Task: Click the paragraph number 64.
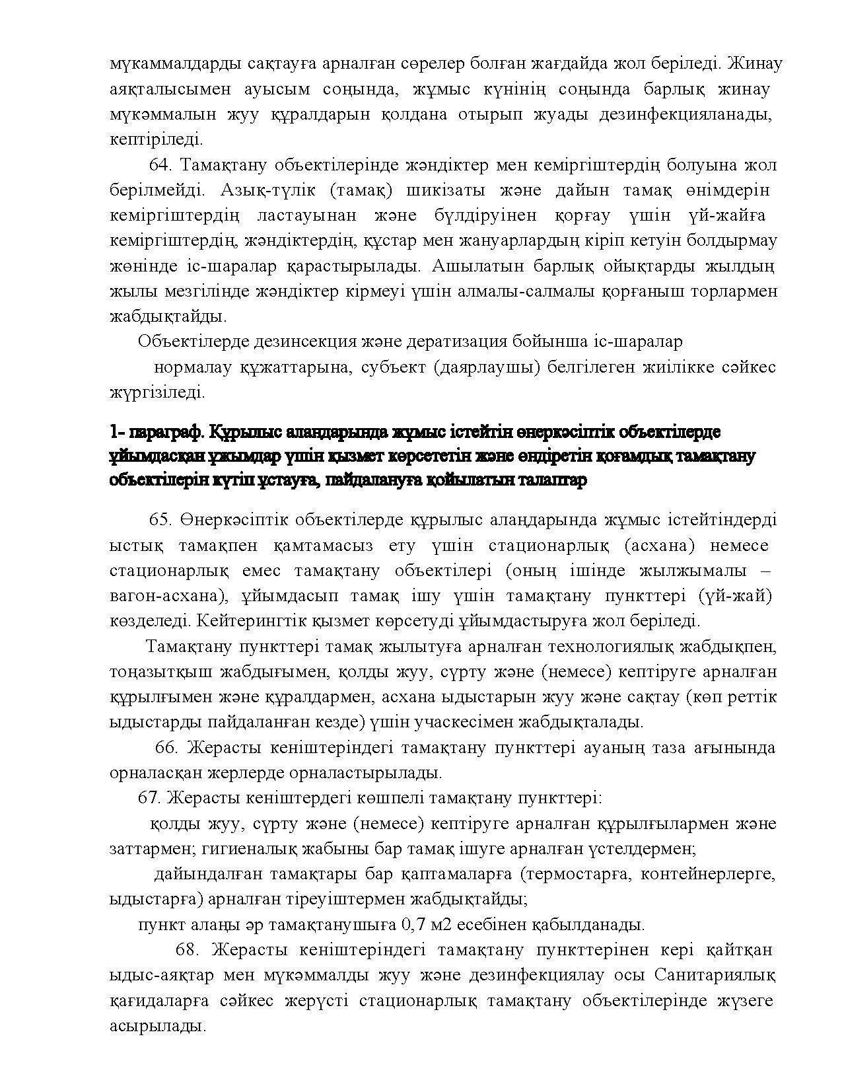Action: pyautogui.click(x=161, y=165)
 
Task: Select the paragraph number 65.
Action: pyautogui.click(x=160, y=520)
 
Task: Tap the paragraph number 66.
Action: pyautogui.click(x=166, y=747)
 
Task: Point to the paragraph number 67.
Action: pyautogui.click(x=149, y=798)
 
